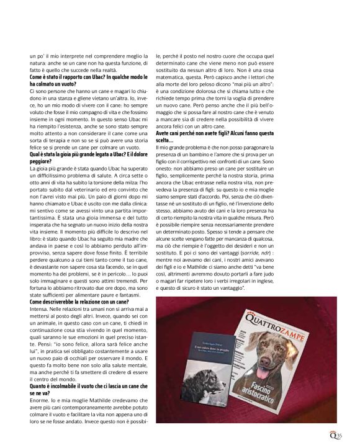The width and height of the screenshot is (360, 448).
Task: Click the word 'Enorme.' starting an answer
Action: (39, 403)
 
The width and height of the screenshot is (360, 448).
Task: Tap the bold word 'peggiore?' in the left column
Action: (42, 161)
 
